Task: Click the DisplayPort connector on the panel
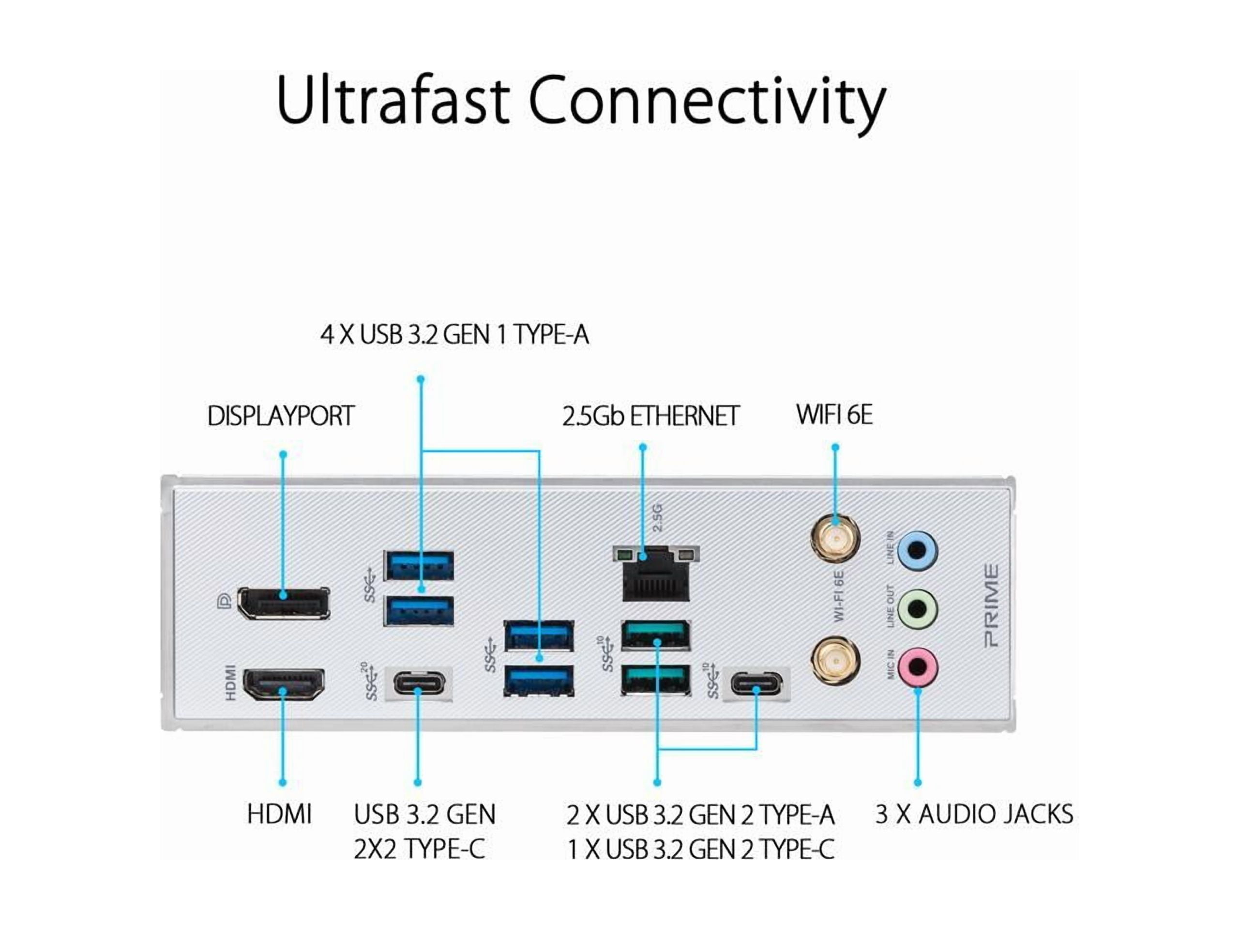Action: [x=284, y=603]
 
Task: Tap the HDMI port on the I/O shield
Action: [x=284, y=684]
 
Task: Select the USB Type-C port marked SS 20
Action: [x=420, y=683]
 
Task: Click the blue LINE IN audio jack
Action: [x=917, y=550]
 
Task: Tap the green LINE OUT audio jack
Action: [x=917, y=609]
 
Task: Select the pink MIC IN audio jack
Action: [x=917, y=667]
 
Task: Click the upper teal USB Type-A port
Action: [x=656, y=635]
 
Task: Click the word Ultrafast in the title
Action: [x=392, y=101]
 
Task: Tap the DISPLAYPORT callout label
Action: [x=281, y=416]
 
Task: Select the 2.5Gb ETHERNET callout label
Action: [x=650, y=416]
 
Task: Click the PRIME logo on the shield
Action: [x=991, y=606]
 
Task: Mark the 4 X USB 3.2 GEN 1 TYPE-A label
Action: [x=454, y=335]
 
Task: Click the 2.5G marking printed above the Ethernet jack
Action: [x=658, y=517]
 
